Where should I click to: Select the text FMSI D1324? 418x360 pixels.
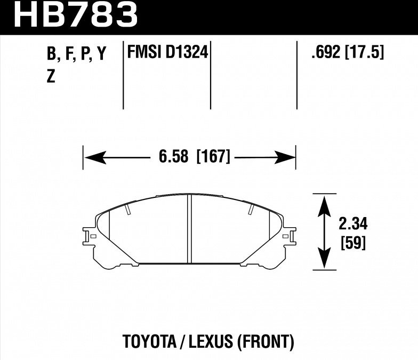pos(167,53)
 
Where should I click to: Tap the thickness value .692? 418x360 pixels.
pos(325,53)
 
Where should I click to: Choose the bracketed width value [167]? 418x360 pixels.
pos(213,157)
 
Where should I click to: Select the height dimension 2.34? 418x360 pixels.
pos(352,223)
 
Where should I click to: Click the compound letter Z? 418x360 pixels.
pos(51,77)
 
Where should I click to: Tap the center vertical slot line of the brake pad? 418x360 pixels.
pos(190,229)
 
